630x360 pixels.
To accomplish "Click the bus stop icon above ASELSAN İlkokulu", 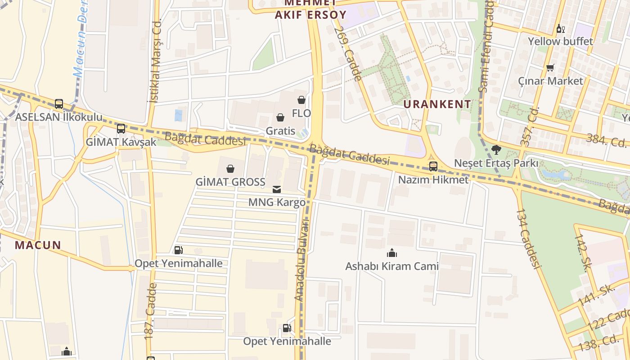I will [59, 104].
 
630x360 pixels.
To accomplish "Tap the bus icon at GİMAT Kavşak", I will [121, 129].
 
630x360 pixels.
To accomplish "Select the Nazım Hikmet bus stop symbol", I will [433, 166].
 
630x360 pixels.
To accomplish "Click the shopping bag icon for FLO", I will [301, 100].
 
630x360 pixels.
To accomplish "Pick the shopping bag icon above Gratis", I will [280, 118].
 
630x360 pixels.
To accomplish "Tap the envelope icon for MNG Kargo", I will [277, 189].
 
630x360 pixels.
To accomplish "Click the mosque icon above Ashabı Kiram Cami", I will [392, 253].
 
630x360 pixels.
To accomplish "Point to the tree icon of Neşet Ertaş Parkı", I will [496, 149].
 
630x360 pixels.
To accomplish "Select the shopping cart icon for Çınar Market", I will [550, 68].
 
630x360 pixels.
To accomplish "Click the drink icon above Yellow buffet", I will [560, 29].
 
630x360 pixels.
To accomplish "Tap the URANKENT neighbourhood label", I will [437, 104].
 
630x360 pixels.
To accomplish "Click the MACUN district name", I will [38, 245].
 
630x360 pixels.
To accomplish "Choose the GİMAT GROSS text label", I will [230, 182].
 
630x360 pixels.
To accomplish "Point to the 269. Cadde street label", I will [348, 53].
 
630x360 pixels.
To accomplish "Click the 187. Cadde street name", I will [150, 310].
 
